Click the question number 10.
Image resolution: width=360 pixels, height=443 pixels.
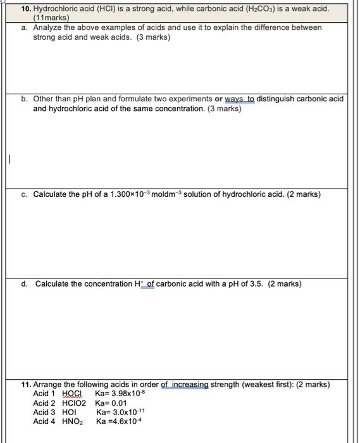pyautogui.click(x=26, y=10)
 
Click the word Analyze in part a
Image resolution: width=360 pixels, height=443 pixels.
pyautogui.click(x=48, y=28)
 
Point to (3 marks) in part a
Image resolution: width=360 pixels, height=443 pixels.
pyautogui.click(x=153, y=37)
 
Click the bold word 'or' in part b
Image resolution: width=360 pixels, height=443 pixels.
pyautogui.click(x=218, y=99)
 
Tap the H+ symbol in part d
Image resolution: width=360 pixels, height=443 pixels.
pyautogui.click(x=139, y=284)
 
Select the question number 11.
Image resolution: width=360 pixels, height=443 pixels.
pyautogui.click(x=26, y=385)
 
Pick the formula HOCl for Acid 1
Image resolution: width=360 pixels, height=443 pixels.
pyautogui.click(x=73, y=394)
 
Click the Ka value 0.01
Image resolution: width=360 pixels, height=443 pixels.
pyautogui.click(x=118, y=403)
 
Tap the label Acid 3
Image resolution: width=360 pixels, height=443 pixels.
pyautogui.click(x=44, y=413)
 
